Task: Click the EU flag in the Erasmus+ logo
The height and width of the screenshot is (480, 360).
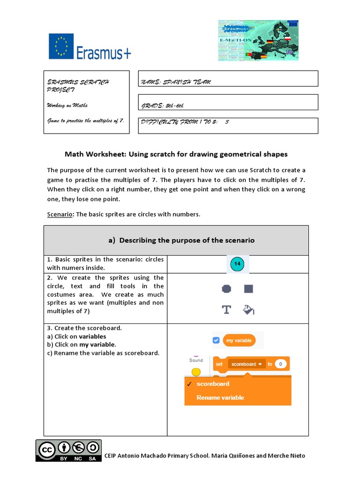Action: pyautogui.click(x=61, y=46)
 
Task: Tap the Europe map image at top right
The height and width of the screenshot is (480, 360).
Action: pyautogui.click(x=258, y=40)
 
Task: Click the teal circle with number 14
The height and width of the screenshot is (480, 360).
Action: pyautogui.click(x=237, y=264)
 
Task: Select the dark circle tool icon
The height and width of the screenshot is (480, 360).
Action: pyautogui.click(x=226, y=289)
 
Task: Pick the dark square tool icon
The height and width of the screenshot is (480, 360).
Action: pyautogui.click(x=248, y=289)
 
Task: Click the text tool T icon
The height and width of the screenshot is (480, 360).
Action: pyautogui.click(x=226, y=309)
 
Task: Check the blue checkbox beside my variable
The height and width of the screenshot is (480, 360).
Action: pyautogui.click(x=216, y=340)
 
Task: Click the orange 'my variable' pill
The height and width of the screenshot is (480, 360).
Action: pyautogui.click(x=239, y=340)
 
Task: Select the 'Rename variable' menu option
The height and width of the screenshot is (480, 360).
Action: pyautogui.click(x=220, y=397)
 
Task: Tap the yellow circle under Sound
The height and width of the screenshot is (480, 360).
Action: pyautogui.click(x=196, y=372)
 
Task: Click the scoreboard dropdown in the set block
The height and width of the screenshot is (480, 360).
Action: pyautogui.click(x=246, y=364)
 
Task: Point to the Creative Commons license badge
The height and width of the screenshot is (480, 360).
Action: pyautogui.click(x=68, y=450)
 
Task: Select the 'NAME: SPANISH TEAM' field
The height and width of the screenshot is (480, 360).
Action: pyautogui.click(x=228, y=82)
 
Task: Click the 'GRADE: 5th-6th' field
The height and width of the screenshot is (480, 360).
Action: pyautogui.click(x=228, y=105)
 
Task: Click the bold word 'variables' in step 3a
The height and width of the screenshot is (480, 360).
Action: pyautogui.click(x=92, y=337)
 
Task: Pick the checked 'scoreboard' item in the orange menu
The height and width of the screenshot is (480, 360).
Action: pyautogui.click(x=213, y=384)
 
